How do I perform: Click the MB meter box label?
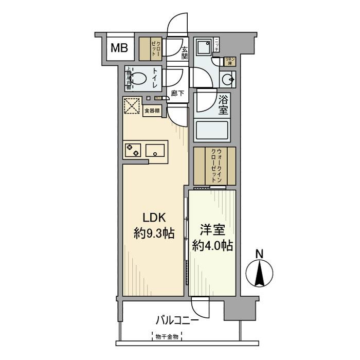pos(120,49)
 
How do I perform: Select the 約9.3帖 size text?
pos(154,234)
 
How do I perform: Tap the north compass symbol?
pos(260,274)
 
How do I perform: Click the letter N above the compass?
pos(260,254)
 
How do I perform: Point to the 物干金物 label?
pos(169,337)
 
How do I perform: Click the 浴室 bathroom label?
pos(224,105)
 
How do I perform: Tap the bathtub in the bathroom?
pos(213,130)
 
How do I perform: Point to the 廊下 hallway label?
pos(177,94)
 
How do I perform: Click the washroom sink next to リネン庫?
pos(228,80)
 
